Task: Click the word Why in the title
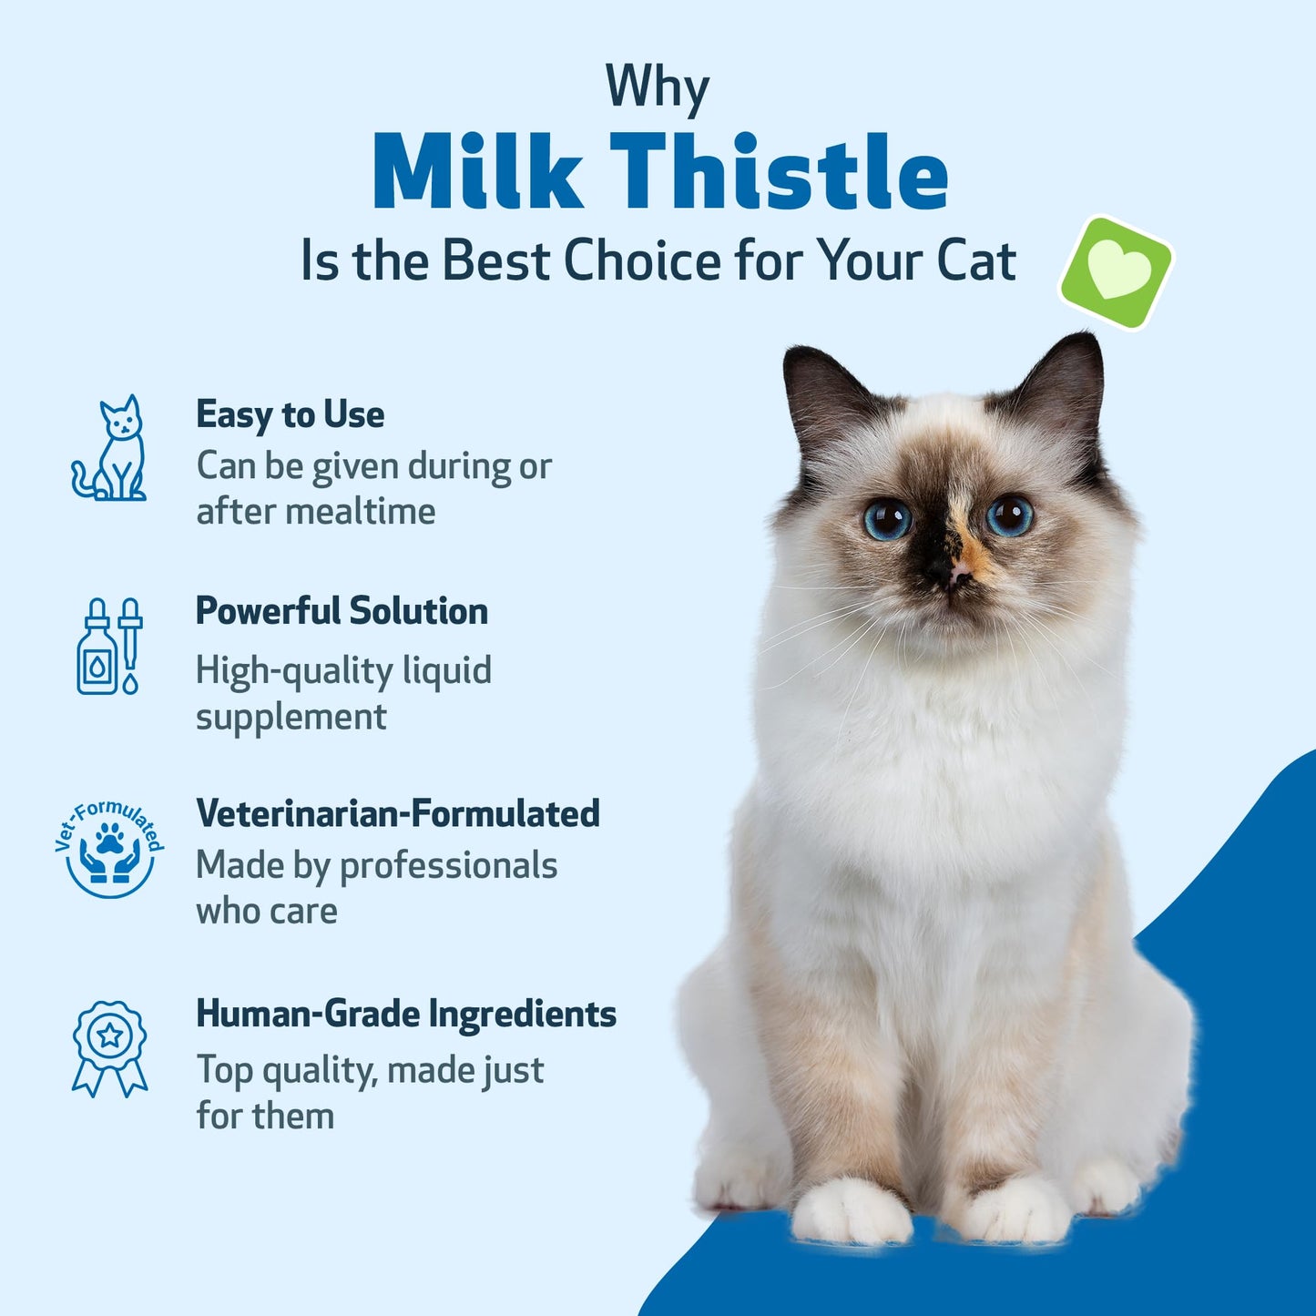[x=657, y=87]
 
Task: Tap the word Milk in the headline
[x=477, y=173]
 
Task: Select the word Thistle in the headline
[x=780, y=173]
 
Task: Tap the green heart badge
[x=1117, y=272]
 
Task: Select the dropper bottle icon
[x=109, y=647]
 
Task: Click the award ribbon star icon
[x=110, y=1047]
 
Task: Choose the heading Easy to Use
[x=290, y=415]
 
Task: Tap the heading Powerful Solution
[x=342, y=611]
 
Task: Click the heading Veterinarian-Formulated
[x=398, y=813]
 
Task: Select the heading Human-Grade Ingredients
[x=406, y=1014]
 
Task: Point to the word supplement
[x=291, y=718]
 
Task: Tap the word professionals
[x=448, y=865]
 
